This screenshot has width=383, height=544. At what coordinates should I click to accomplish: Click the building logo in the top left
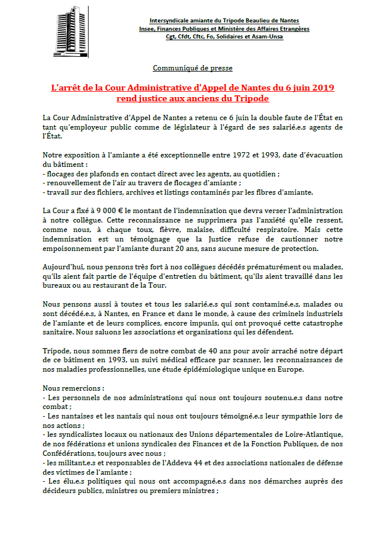click(x=69, y=27)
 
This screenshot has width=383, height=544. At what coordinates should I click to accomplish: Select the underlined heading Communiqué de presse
click(x=192, y=68)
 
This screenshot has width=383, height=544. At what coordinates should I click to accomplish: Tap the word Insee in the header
click(x=149, y=28)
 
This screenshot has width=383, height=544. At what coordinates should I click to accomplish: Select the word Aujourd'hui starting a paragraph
click(x=64, y=267)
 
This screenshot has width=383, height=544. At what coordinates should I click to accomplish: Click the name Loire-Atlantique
click(x=314, y=435)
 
